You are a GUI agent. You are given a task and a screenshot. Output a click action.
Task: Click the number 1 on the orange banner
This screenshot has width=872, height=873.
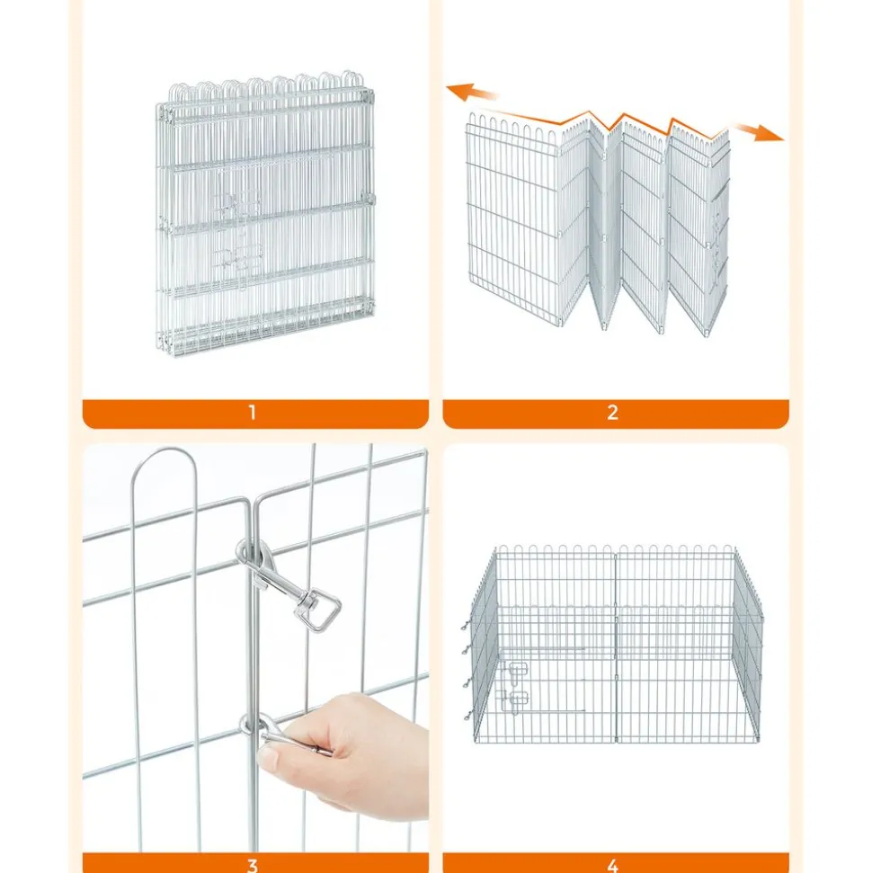(x=253, y=413)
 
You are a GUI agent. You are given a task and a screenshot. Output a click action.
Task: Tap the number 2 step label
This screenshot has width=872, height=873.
(x=612, y=413)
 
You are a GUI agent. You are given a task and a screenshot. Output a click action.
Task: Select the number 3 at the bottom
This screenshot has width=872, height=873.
(x=253, y=866)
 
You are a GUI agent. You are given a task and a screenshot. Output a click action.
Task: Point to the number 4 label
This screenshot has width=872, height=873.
(x=612, y=866)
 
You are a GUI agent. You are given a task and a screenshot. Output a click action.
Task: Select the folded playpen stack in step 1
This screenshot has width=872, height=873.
(x=264, y=214)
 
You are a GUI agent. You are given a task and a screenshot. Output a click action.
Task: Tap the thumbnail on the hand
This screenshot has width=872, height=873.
(x=270, y=758)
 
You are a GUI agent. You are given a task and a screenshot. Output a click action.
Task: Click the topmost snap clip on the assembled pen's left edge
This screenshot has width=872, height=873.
(x=467, y=627)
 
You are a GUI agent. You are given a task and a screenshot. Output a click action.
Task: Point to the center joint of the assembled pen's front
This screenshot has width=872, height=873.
(x=616, y=646)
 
